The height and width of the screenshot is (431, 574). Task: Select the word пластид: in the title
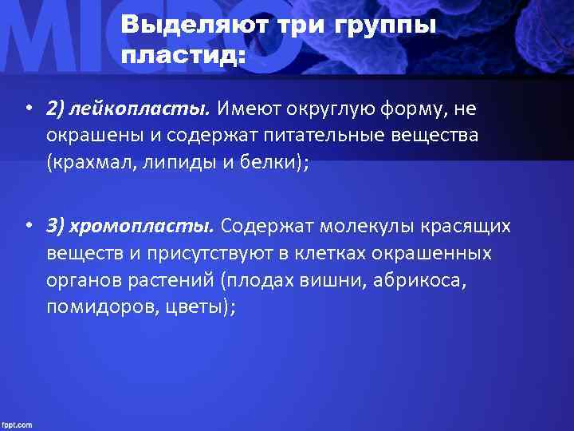184,56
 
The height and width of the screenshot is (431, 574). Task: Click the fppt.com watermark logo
17,425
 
